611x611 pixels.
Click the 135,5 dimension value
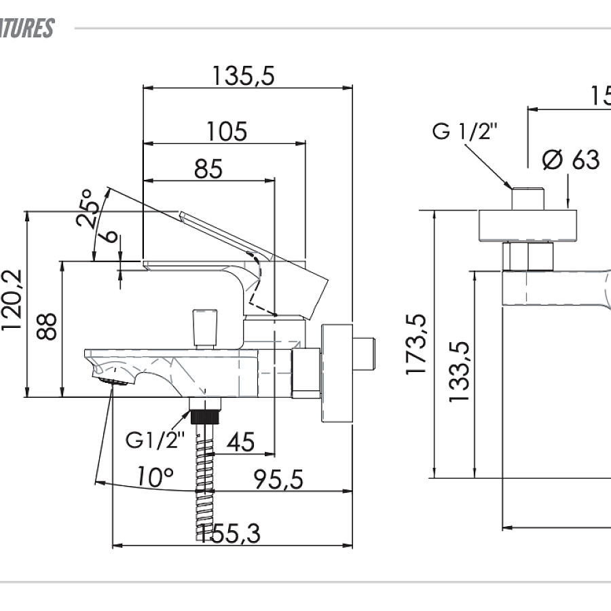(x=242, y=76)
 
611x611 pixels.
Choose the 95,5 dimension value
(x=278, y=479)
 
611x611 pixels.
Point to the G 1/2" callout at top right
(x=465, y=130)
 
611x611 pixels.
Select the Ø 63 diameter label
(x=571, y=160)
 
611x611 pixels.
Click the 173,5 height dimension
(x=415, y=344)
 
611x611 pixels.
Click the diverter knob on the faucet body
(x=204, y=327)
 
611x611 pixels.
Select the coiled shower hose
(x=204, y=482)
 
